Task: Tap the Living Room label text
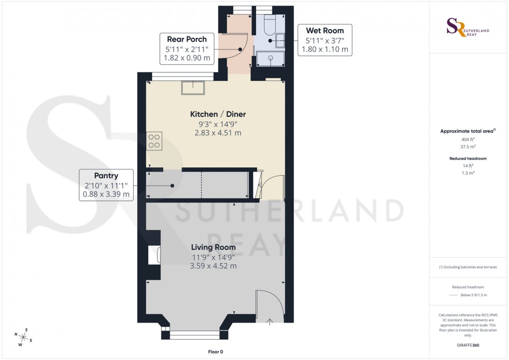(213, 247)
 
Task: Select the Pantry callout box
(106, 185)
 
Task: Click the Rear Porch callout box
(187, 48)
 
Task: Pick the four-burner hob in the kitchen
(154, 141)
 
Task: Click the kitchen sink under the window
(192, 88)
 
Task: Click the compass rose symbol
(23, 337)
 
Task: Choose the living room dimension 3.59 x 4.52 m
(213, 266)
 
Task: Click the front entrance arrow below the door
(270, 322)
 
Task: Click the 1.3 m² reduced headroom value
(468, 172)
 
